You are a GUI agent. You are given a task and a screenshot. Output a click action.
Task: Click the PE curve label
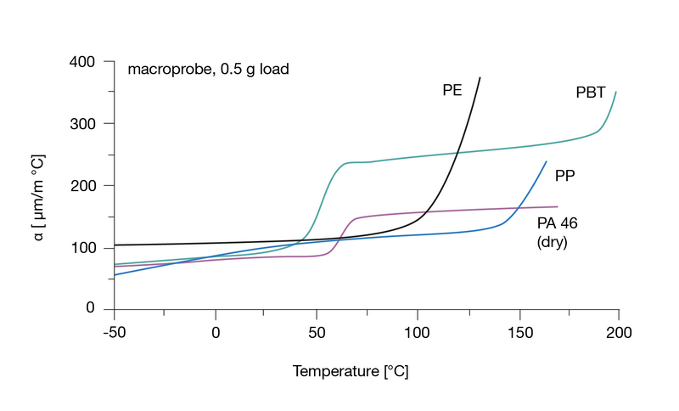(x=452, y=90)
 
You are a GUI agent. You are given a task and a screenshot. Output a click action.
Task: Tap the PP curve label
(x=566, y=177)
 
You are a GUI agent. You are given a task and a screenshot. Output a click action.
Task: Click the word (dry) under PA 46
(x=552, y=241)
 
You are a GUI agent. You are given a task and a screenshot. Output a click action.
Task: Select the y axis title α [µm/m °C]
(x=39, y=186)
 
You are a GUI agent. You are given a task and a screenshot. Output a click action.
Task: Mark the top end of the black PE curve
(x=480, y=77)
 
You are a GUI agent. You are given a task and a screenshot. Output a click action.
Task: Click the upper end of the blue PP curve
(x=546, y=161)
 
